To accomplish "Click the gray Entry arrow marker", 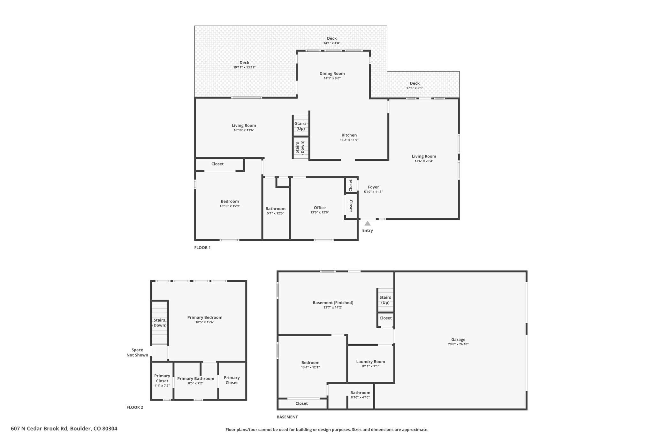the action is click(x=368, y=223).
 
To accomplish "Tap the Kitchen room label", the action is click(x=349, y=135).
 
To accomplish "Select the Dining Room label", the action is click(x=332, y=73).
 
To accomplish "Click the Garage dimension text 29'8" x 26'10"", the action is click(x=458, y=344).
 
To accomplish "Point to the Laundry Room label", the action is click(x=371, y=362).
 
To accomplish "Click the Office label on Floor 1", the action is click(x=320, y=208).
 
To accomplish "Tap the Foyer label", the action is click(x=373, y=187).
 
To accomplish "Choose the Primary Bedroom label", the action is click(x=205, y=317).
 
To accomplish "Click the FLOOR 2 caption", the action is click(x=135, y=407).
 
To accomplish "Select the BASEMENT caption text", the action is click(x=287, y=417).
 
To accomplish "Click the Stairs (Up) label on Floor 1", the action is click(x=300, y=126).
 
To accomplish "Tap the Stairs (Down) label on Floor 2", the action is click(x=159, y=323).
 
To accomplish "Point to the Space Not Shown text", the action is click(x=137, y=352).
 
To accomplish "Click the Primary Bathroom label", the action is click(x=196, y=379).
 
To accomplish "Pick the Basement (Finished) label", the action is click(x=333, y=302).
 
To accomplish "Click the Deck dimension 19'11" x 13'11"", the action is click(x=245, y=67).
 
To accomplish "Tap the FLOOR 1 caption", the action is click(x=202, y=248).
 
